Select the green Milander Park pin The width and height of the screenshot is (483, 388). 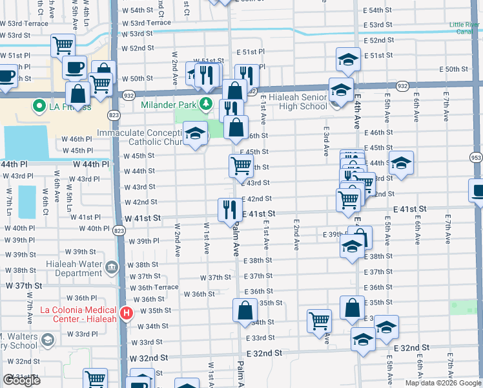click(x=205, y=103)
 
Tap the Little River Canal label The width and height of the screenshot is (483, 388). click(x=465, y=28)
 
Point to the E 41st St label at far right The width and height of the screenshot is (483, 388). click(x=410, y=210)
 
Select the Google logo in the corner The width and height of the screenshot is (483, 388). click(x=21, y=380)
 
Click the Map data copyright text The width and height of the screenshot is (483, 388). click(x=443, y=383)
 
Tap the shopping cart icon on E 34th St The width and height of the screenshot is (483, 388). click(x=320, y=319)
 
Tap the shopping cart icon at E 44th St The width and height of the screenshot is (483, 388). click(x=240, y=165)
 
